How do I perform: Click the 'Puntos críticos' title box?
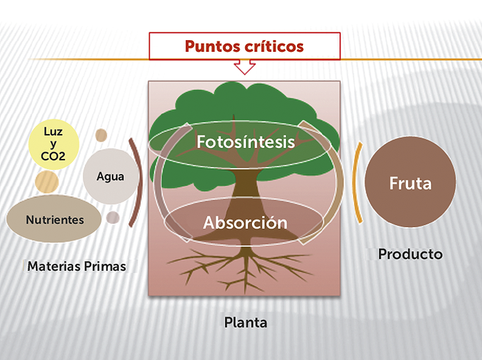(x=244, y=46)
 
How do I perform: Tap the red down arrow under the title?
(x=245, y=66)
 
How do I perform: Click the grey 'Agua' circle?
(x=111, y=177)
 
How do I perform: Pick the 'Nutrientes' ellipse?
(x=54, y=219)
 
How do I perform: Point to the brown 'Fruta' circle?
(x=410, y=183)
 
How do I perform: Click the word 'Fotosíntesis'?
(x=245, y=142)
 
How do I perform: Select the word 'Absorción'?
(x=245, y=222)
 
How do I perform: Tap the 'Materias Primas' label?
(x=77, y=266)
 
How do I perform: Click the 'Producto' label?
(x=410, y=254)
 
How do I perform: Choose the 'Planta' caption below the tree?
(x=245, y=322)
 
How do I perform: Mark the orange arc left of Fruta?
(x=358, y=183)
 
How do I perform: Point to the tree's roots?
(x=243, y=268)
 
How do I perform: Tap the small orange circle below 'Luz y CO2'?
(x=46, y=181)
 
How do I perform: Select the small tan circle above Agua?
(x=101, y=135)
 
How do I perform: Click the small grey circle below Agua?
(x=113, y=217)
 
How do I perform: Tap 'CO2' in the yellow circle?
(x=54, y=157)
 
